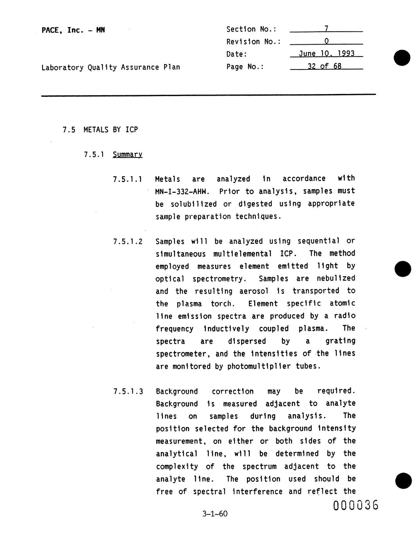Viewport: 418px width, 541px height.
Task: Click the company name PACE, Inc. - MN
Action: tap(73, 30)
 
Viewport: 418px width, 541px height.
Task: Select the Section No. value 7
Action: tap(326, 29)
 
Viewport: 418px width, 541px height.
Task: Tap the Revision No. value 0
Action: tap(326, 41)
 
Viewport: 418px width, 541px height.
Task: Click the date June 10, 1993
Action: tap(326, 54)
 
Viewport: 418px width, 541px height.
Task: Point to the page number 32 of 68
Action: tap(324, 66)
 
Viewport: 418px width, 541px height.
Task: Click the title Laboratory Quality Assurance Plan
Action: tap(111, 67)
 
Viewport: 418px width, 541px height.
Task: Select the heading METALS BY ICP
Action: tap(110, 129)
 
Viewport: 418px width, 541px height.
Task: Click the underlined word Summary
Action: tap(127, 154)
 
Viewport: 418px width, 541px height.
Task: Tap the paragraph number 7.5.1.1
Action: tap(128, 180)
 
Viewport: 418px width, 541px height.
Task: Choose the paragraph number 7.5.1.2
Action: tap(128, 241)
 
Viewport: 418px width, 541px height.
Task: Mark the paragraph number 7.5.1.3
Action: tap(128, 392)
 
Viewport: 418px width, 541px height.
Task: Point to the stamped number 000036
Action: tap(356, 505)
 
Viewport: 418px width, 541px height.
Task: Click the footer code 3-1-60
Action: tap(215, 514)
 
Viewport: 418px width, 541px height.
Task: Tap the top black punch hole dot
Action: tap(402, 58)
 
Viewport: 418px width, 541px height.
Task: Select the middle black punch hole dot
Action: tap(403, 269)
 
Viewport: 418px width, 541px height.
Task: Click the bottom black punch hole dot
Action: tap(403, 481)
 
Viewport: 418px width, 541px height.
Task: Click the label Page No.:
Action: tap(245, 67)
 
